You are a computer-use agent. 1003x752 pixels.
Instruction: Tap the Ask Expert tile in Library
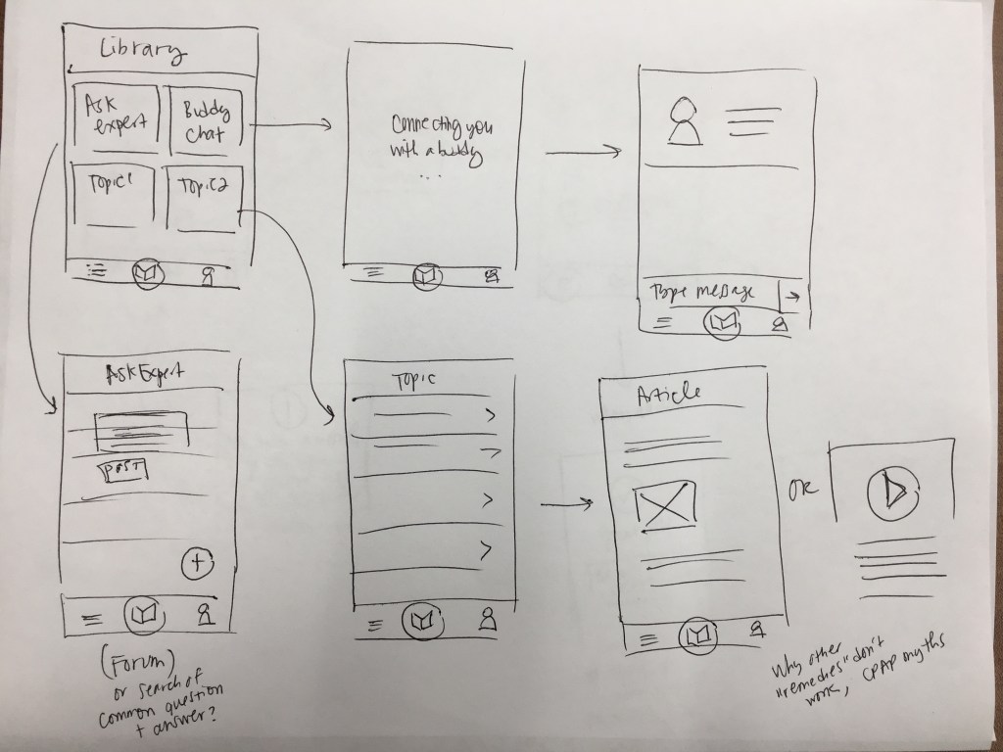pyautogui.click(x=116, y=117)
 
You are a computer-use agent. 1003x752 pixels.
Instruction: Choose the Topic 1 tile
pyautogui.click(x=113, y=196)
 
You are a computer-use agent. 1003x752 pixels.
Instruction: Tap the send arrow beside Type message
pyautogui.click(x=791, y=293)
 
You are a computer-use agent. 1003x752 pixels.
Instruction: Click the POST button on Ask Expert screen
pyautogui.click(x=123, y=471)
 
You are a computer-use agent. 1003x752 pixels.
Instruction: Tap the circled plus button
pyautogui.click(x=198, y=562)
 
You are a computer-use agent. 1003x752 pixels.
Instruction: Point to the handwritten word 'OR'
pyautogui.click(x=799, y=486)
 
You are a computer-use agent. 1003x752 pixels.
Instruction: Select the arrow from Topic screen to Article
pyautogui.click(x=567, y=505)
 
